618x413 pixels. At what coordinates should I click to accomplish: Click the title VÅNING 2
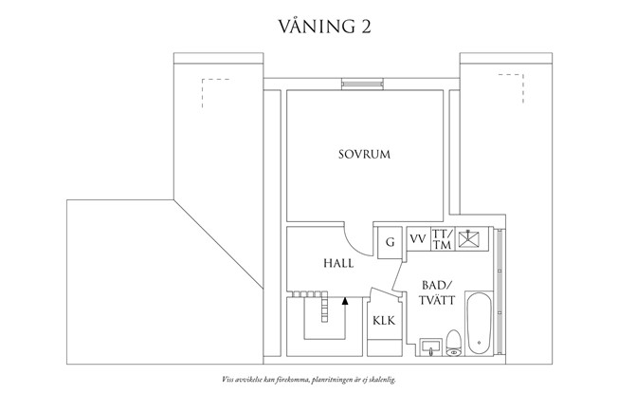point(309,26)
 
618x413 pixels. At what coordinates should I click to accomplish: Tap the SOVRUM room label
point(365,154)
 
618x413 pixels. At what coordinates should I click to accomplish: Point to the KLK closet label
point(383,321)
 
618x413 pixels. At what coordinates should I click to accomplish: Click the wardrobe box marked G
point(389,241)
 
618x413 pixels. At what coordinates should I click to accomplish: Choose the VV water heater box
point(417,239)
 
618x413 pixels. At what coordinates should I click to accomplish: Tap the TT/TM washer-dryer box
point(441,239)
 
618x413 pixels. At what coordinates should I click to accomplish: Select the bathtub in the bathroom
point(480,324)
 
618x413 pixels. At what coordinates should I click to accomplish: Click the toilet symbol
point(453,343)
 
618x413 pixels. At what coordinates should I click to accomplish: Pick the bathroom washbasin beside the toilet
point(431,345)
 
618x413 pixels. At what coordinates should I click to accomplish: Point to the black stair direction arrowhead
point(345,300)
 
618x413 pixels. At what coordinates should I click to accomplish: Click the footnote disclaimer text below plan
point(309,378)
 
